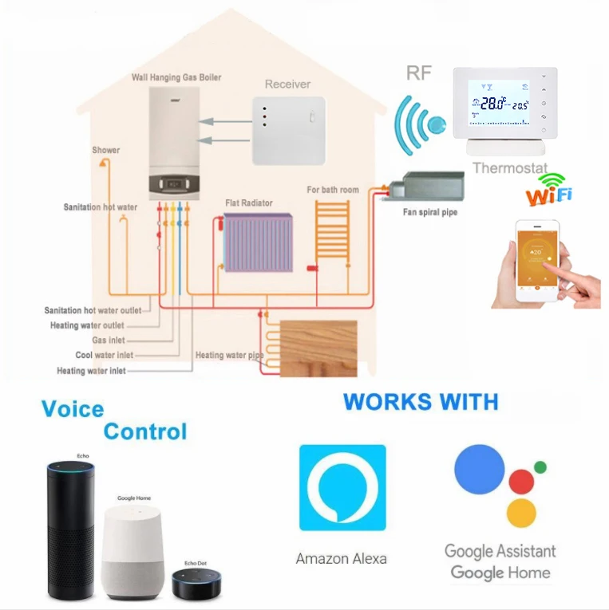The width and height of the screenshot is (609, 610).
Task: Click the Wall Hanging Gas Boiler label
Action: pyautogui.click(x=176, y=77)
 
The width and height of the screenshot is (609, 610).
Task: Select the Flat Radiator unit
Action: pyautogui.click(x=258, y=243)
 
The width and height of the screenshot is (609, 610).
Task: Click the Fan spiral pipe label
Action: pyautogui.click(x=429, y=213)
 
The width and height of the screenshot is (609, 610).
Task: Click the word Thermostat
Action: pyautogui.click(x=510, y=168)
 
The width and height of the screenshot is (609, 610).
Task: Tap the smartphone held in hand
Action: pyautogui.click(x=536, y=259)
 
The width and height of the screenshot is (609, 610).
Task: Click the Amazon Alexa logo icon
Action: pyautogui.click(x=342, y=488)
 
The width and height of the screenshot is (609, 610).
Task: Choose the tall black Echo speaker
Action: pyautogui.click(x=71, y=529)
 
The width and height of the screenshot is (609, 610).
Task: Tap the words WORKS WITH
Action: pyautogui.click(x=421, y=401)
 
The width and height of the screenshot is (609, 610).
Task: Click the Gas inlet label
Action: pyautogui.click(x=109, y=340)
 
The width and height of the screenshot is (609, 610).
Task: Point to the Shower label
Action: pyautogui.click(x=105, y=150)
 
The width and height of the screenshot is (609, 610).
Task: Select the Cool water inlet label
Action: pyautogui.click(x=105, y=356)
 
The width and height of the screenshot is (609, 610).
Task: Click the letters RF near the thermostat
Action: pyautogui.click(x=418, y=74)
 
